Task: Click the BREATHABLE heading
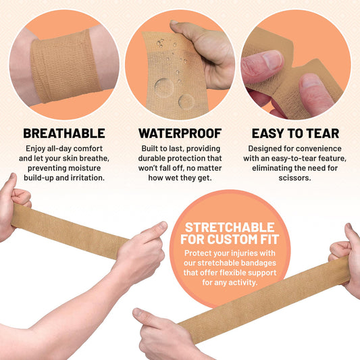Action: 64,133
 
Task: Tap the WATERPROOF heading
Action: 180,133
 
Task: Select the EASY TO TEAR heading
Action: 295,133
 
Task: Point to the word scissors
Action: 295,178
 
